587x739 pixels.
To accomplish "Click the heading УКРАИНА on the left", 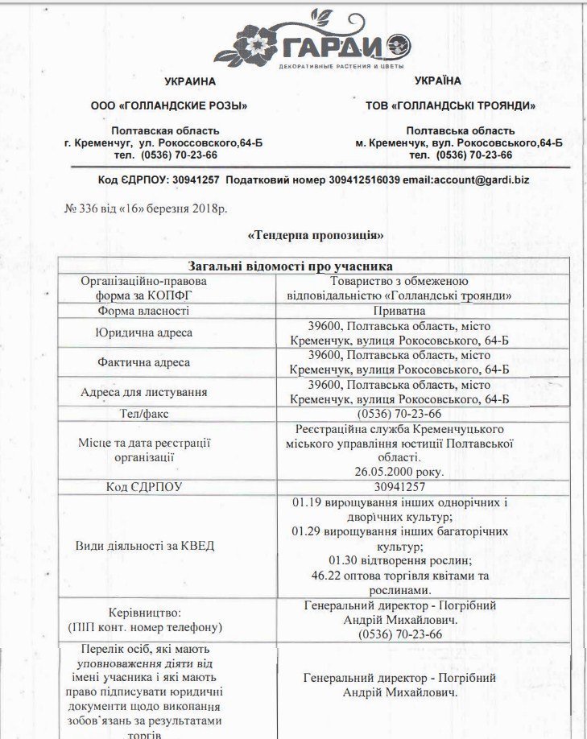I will coord(190,81).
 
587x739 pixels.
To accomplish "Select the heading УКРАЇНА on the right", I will coord(438,81).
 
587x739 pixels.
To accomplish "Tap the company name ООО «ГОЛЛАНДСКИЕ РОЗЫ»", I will coord(169,105).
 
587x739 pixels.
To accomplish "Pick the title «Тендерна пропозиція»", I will coord(316,235).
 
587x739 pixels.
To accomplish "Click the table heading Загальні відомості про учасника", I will coord(313,266).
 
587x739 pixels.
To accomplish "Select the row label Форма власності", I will coord(143,311).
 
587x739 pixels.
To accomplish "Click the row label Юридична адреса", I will coord(143,332).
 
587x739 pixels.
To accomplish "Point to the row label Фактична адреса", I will coord(143,362).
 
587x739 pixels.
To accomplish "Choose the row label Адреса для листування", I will coord(143,392).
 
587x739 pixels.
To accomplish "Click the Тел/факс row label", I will coord(143,414).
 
